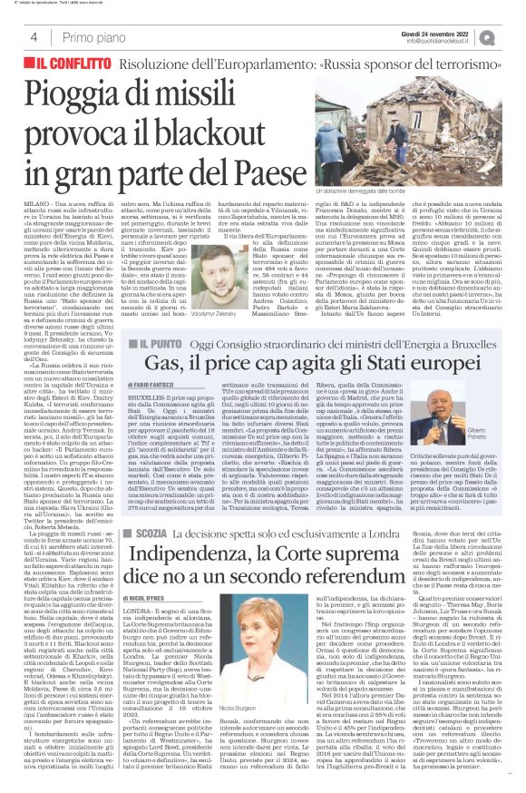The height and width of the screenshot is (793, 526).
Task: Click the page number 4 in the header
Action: (33, 37)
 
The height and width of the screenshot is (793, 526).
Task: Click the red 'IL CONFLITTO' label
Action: (68, 66)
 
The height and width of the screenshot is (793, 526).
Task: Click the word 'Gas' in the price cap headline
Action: (180, 388)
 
